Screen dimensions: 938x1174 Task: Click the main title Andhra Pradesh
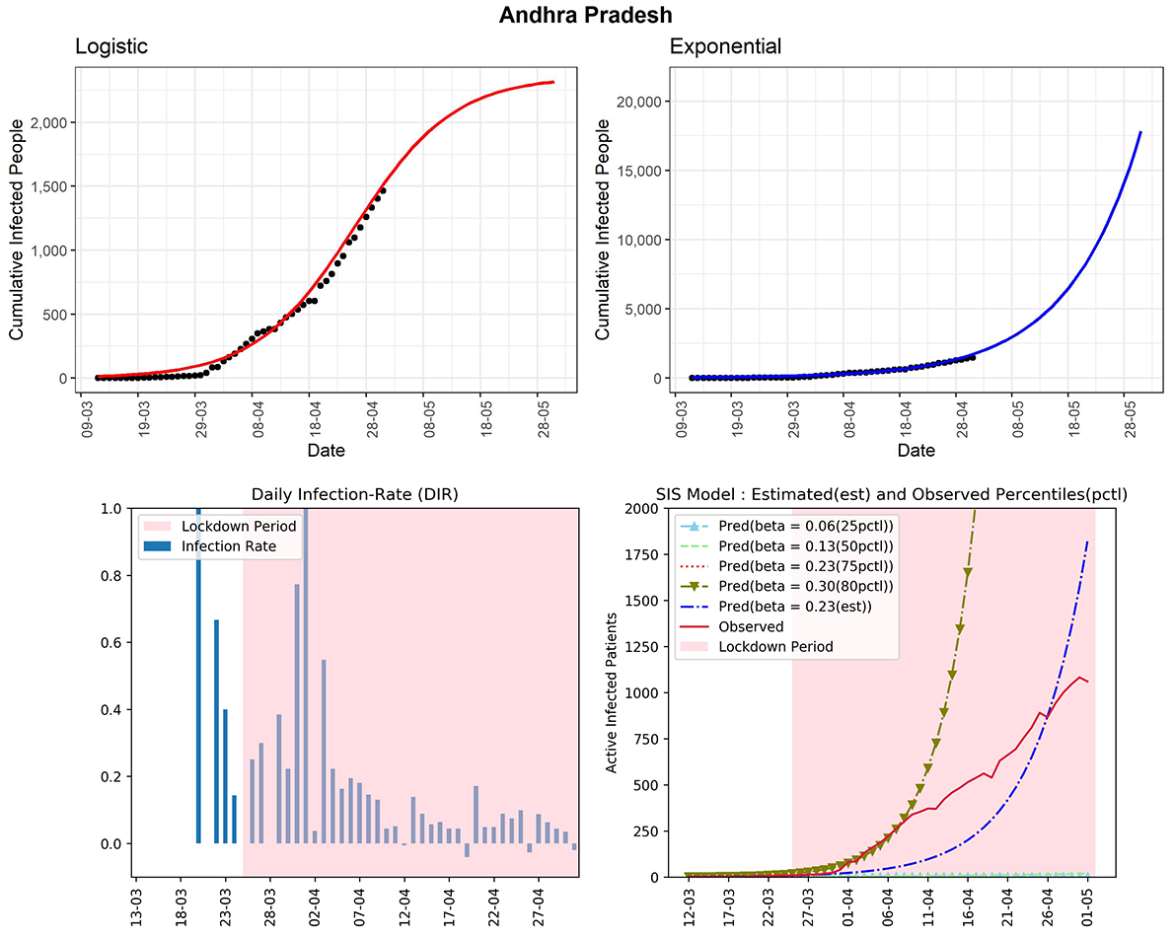(x=586, y=15)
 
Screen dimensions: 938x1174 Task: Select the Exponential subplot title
(x=725, y=46)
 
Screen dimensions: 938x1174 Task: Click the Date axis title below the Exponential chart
(x=916, y=450)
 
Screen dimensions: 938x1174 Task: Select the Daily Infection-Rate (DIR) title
(x=355, y=495)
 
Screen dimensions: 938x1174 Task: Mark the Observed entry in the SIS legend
(x=751, y=626)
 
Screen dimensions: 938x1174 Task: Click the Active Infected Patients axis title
(x=612, y=692)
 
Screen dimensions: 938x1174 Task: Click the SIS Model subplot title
(x=892, y=495)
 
